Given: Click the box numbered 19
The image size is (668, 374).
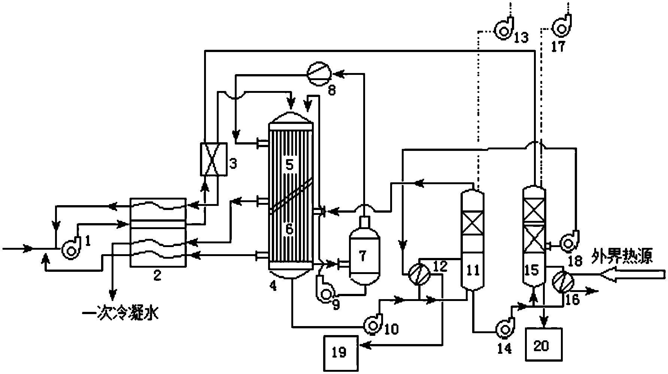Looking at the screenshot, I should click(x=339, y=352).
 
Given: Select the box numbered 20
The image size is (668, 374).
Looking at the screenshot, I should click(x=541, y=345).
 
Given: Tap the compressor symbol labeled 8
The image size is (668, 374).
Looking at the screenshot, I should click(x=318, y=74).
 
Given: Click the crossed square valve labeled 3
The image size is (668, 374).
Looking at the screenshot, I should click(x=213, y=159).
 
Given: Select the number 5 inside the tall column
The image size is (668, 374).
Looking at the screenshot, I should click(x=289, y=165).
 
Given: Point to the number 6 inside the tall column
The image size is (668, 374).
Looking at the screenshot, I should click(x=289, y=229).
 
